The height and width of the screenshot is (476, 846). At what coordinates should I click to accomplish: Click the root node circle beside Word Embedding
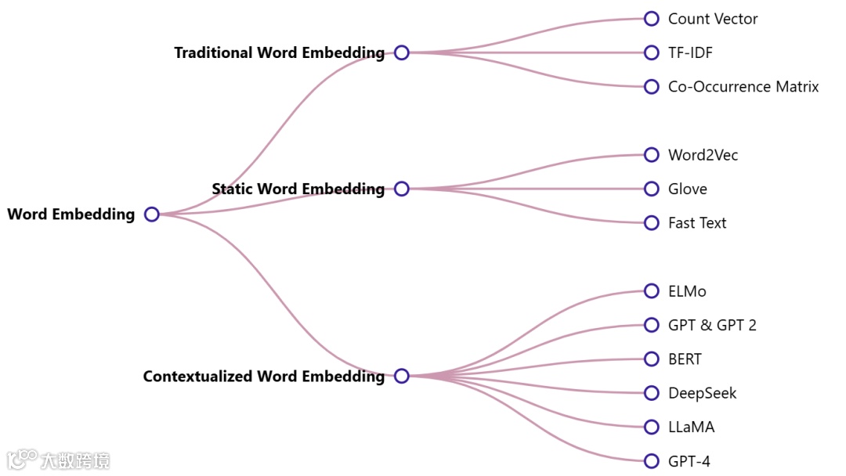pyautogui.click(x=152, y=215)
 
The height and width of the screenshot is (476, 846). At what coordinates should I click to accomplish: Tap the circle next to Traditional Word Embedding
pyautogui.click(x=402, y=52)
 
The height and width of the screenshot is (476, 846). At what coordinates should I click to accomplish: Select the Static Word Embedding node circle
pyautogui.click(x=402, y=189)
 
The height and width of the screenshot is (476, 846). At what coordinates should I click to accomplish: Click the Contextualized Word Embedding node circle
pyautogui.click(x=402, y=376)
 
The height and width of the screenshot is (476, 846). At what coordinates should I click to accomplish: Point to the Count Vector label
pyautogui.click(x=713, y=19)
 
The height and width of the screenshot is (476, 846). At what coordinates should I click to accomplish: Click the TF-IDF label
pyautogui.click(x=690, y=52)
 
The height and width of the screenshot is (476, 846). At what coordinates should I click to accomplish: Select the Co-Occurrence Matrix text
pyautogui.click(x=743, y=87)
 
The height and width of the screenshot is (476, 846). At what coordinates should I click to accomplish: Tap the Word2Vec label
pyautogui.click(x=703, y=155)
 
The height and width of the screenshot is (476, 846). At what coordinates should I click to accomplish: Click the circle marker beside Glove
pyautogui.click(x=652, y=189)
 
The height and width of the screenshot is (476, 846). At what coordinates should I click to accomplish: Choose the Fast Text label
pyautogui.click(x=697, y=223)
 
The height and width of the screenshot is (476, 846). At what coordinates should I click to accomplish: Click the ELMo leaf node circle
pyautogui.click(x=652, y=291)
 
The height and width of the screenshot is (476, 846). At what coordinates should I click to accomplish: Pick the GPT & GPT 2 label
pyautogui.click(x=712, y=325)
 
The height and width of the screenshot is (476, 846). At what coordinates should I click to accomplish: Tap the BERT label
pyautogui.click(x=685, y=359)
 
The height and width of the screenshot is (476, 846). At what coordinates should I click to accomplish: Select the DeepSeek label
pyautogui.click(x=702, y=393)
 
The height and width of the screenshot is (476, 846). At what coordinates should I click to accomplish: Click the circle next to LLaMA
pyautogui.click(x=652, y=427)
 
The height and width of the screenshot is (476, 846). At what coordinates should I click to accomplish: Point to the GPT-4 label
pyautogui.click(x=689, y=461)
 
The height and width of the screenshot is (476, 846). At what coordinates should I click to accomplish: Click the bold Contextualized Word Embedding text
pyautogui.click(x=264, y=377)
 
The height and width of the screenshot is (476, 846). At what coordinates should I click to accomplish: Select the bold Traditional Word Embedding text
pyautogui.click(x=280, y=53)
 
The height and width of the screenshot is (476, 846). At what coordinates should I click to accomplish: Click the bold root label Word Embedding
pyautogui.click(x=71, y=215)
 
